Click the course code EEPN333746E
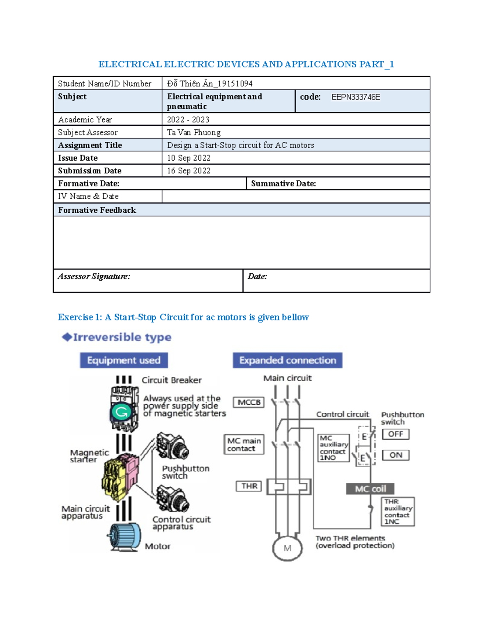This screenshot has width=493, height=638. (x=355, y=97)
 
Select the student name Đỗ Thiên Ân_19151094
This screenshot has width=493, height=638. (x=210, y=84)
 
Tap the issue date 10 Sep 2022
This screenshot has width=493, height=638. (x=189, y=158)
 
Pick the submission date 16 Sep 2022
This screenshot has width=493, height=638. (x=189, y=171)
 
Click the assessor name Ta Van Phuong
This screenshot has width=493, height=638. (x=194, y=133)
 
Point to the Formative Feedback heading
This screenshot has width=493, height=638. (x=97, y=210)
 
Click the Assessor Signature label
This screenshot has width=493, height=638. (x=94, y=276)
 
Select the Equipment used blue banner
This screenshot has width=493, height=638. (x=124, y=360)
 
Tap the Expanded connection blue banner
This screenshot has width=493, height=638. (x=288, y=360)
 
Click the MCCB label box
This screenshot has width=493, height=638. (x=249, y=402)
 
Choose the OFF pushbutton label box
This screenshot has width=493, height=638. (x=396, y=434)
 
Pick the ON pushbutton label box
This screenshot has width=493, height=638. (x=396, y=455)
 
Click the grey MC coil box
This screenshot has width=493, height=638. (x=370, y=489)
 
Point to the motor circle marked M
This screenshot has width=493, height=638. (x=288, y=548)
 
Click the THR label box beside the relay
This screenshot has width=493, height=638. (x=249, y=486)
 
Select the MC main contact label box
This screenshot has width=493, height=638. (x=244, y=445)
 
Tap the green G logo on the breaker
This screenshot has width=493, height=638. (x=122, y=412)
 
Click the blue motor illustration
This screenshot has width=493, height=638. (x=124, y=537)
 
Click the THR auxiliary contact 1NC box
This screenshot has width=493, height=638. (x=398, y=511)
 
